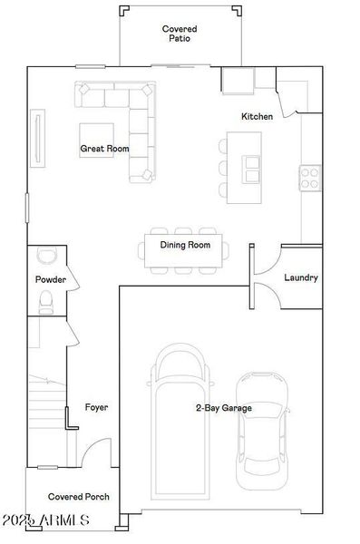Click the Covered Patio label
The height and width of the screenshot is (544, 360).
click(180, 34)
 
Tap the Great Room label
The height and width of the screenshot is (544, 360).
click(104, 149)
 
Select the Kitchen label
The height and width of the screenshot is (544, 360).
click(256, 117)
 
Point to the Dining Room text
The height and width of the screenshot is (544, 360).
click(185, 245)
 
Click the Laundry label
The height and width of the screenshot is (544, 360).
click(300, 277)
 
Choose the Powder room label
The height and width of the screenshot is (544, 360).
click(51, 280)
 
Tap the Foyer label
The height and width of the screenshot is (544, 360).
click(96, 408)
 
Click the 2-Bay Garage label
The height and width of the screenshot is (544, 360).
click(223, 409)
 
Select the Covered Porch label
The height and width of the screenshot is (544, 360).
click(79, 497)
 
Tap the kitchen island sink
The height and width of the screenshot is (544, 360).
click(249, 164)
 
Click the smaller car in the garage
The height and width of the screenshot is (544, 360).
click(262, 430)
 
